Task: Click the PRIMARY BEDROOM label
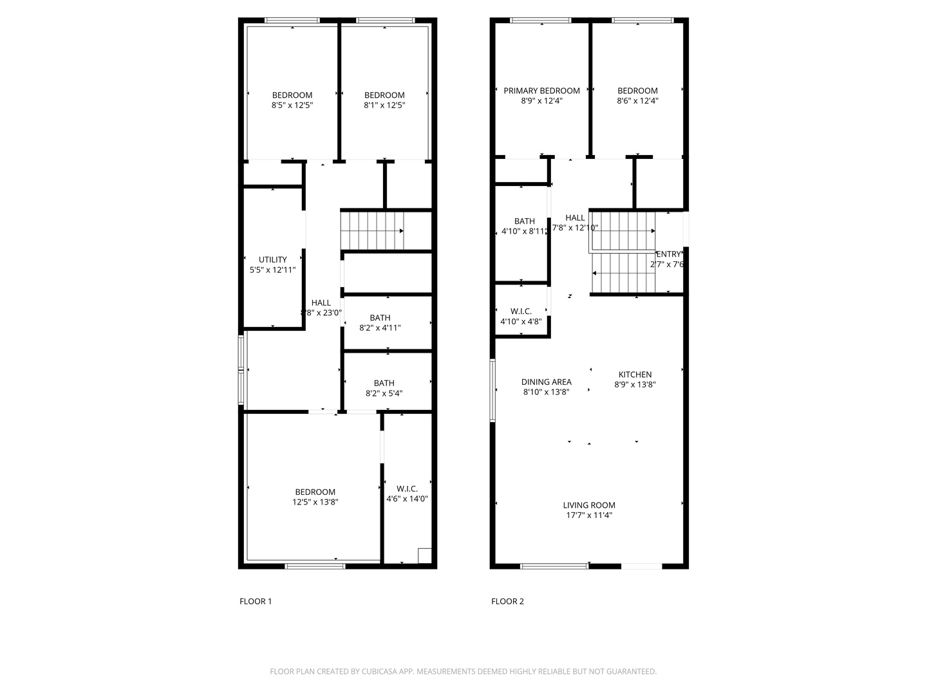click(x=541, y=91)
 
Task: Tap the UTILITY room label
click(x=273, y=260)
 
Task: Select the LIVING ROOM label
click(x=589, y=505)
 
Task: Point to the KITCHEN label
click(x=635, y=375)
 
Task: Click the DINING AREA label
click(x=546, y=382)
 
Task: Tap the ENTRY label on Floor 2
click(x=668, y=254)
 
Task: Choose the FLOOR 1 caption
click(x=256, y=601)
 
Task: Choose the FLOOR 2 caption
click(x=507, y=601)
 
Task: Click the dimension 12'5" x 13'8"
click(x=315, y=502)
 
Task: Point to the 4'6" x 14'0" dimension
click(x=407, y=498)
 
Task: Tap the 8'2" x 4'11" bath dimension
click(x=380, y=328)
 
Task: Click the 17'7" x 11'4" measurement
click(x=589, y=515)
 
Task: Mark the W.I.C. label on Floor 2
click(x=521, y=311)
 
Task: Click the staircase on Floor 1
click(x=372, y=230)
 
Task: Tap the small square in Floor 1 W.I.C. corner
click(x=424, y=555)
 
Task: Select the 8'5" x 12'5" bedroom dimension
click(x=292, y=105)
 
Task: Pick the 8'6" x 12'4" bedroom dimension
click(x=637, y=100)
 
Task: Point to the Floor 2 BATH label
click(x=524, y=221)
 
